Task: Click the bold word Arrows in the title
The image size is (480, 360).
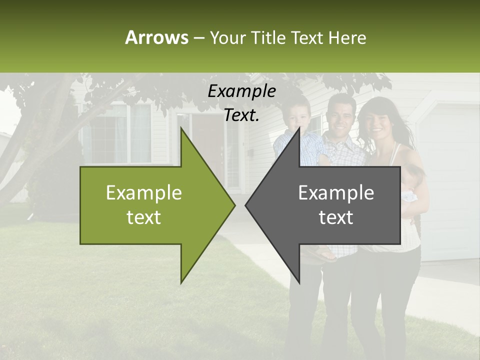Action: (156, 37)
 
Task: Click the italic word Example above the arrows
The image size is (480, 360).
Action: (241, 91)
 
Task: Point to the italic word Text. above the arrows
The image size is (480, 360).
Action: (241, 115)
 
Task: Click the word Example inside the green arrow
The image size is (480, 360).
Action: (144, 193)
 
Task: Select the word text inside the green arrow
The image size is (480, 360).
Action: (144, 217)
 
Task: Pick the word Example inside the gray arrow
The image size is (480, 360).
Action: (336, 193)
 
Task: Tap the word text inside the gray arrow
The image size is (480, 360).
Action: (336, 217)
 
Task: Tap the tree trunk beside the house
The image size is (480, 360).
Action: (47, 150)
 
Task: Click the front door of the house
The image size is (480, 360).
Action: (204, 145)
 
